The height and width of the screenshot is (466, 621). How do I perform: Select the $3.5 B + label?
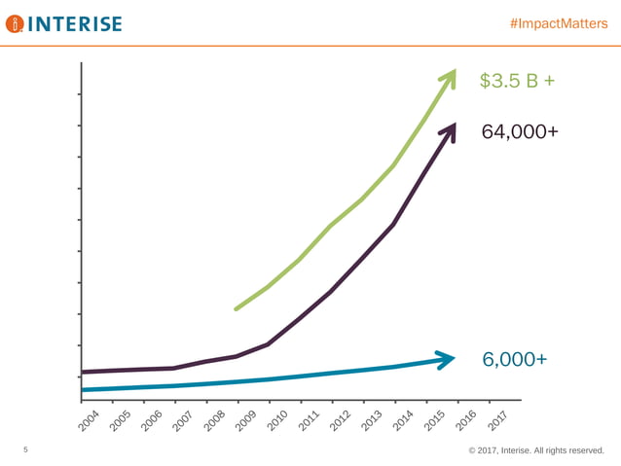517,81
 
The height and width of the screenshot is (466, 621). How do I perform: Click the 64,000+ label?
520,131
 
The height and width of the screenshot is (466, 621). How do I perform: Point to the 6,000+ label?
514,360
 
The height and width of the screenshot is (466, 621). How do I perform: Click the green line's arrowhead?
450,77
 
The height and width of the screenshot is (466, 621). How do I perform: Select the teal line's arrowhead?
446,359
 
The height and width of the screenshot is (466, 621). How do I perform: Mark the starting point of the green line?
237,309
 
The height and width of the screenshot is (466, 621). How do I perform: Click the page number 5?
25,450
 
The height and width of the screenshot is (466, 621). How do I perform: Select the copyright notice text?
535,450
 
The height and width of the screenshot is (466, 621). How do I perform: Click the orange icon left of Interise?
14,23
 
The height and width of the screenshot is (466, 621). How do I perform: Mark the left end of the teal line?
84,390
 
